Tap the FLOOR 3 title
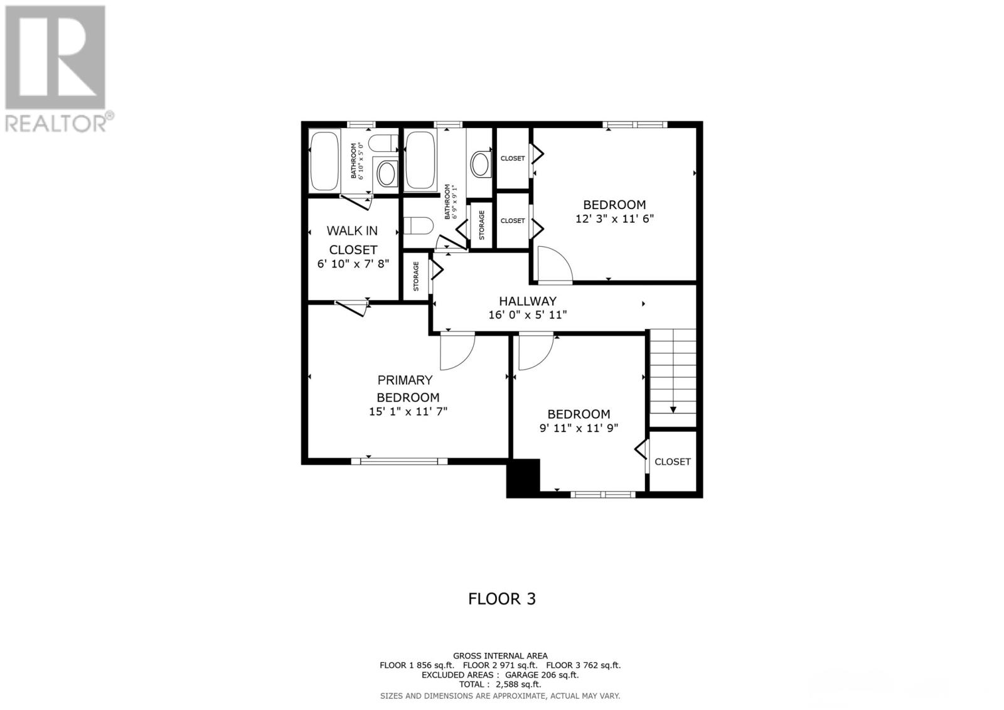point(502,599)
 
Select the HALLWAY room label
point(528,301)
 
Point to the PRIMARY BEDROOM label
point(407,389)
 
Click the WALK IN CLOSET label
point(352,240)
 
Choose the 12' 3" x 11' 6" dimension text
point(614,218)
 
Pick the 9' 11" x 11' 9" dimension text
point(579,428)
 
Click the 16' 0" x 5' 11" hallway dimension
point(528,315)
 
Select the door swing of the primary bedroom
point(457,353)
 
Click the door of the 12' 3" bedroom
point(555,265)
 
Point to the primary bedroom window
point(399,461)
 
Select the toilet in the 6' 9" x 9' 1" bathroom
point(418,225)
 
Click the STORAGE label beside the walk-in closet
point(416,276)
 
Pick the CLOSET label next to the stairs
point(672,461)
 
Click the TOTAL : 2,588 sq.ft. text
point(500,684)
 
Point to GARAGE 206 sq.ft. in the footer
point(542,675)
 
